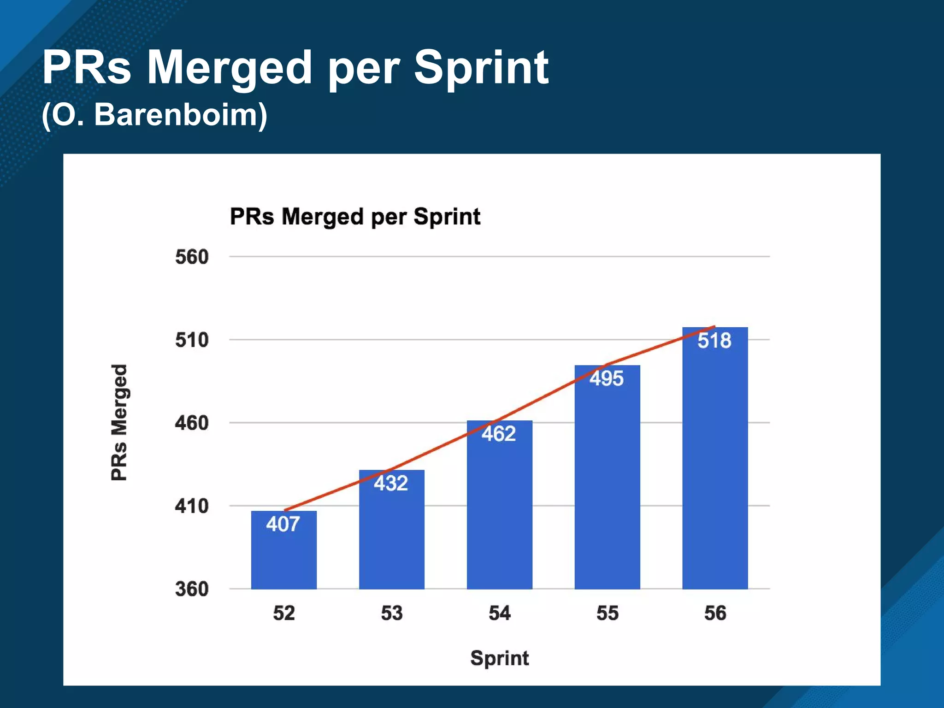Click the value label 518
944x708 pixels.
[x=714, y=341]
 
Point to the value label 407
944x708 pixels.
[x=283, y=524]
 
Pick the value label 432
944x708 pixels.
[x=391, y=484]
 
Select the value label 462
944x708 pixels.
[x=499, y=434]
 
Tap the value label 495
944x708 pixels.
[x=607, y=379]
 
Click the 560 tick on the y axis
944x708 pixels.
[x=192, y=257]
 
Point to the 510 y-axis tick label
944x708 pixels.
[x=192, y=340]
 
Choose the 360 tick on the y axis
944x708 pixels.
[x=192, y=589]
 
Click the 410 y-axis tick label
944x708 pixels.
[x=192, y=506]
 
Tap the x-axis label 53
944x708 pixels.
[x=392, y=613]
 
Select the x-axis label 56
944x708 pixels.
[x=715, y=613]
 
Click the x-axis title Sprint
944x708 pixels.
[x=499, y=658]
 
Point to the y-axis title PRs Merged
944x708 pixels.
[x=119, y=422]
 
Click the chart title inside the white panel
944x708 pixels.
[x=355, y=217]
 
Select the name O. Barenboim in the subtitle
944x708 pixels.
[x=155, y=115]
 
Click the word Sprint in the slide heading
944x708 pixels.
[x=481, y=68]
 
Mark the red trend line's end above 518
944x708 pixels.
[x=714, y=327]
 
